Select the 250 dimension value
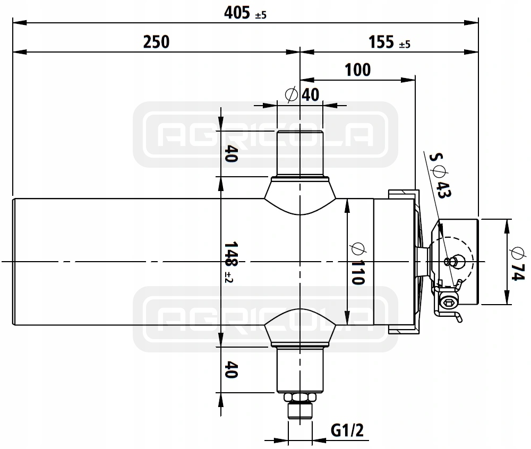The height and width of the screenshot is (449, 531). click(156, 41)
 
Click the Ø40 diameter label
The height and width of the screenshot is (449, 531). click(303, 94)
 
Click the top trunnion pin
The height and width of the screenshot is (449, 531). click(300, 154)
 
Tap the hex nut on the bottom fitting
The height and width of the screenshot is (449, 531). click(300, 398)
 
